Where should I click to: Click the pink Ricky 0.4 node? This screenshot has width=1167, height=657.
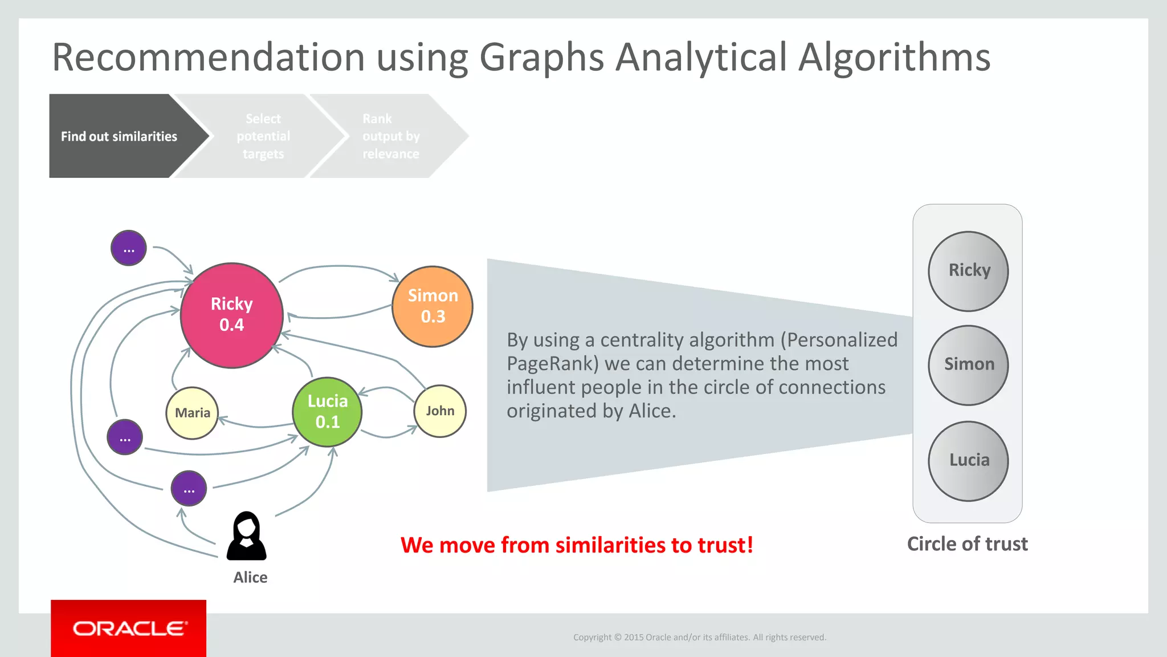coord(231,315)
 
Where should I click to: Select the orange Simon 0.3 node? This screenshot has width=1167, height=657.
coord(432,306)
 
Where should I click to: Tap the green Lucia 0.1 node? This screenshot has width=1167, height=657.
coord(327,412)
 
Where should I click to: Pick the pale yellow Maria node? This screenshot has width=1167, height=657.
coord(192,413)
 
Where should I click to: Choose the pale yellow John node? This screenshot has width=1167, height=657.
coord(440,411)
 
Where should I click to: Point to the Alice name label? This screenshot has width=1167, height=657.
coord(250,577)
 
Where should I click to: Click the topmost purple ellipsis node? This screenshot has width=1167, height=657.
coord(129,248)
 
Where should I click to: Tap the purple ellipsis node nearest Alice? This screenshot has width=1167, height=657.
coord(189,488)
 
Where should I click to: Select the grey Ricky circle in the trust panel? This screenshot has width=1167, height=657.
coord(968,271)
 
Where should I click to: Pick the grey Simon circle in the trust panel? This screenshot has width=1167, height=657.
coord(968,365)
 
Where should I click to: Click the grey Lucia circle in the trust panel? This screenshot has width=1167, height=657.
coord(968,461)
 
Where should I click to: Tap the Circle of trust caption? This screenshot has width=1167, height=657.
coord(967,544)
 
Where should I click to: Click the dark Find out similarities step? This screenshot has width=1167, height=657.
coord(119,136)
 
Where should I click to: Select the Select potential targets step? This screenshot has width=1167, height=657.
coord(263,136)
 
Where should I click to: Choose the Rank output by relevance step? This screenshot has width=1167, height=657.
coord(391,136)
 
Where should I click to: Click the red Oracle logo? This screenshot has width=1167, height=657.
coord(129,628)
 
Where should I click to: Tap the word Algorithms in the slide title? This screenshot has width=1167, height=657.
coord(894,58)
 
